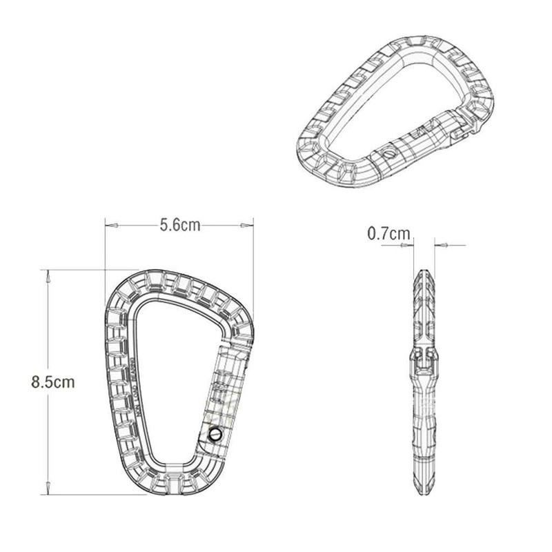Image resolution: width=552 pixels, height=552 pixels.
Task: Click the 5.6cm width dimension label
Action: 179,225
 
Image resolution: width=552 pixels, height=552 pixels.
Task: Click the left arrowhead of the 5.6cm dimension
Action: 108,225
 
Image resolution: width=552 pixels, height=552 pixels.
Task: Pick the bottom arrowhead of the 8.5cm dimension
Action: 48,486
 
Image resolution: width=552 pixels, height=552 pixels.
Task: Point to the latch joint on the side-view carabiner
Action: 425,354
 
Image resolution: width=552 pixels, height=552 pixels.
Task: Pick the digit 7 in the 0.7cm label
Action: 386,234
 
